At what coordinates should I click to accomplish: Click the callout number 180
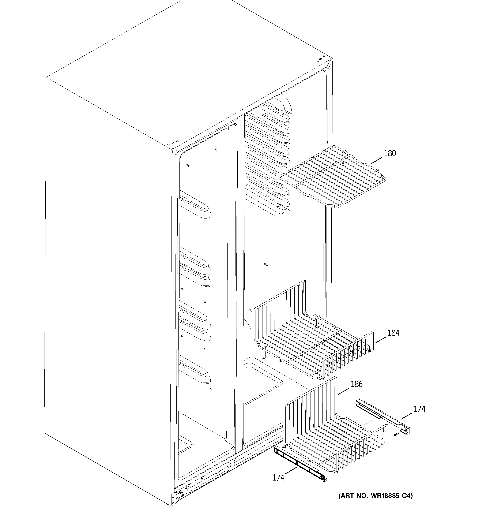point(390,153)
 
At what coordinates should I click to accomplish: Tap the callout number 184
point(393,333)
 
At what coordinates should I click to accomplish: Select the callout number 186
point(357,384)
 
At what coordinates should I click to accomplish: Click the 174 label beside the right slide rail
point(419,409)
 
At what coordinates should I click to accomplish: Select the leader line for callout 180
point(376,160)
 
